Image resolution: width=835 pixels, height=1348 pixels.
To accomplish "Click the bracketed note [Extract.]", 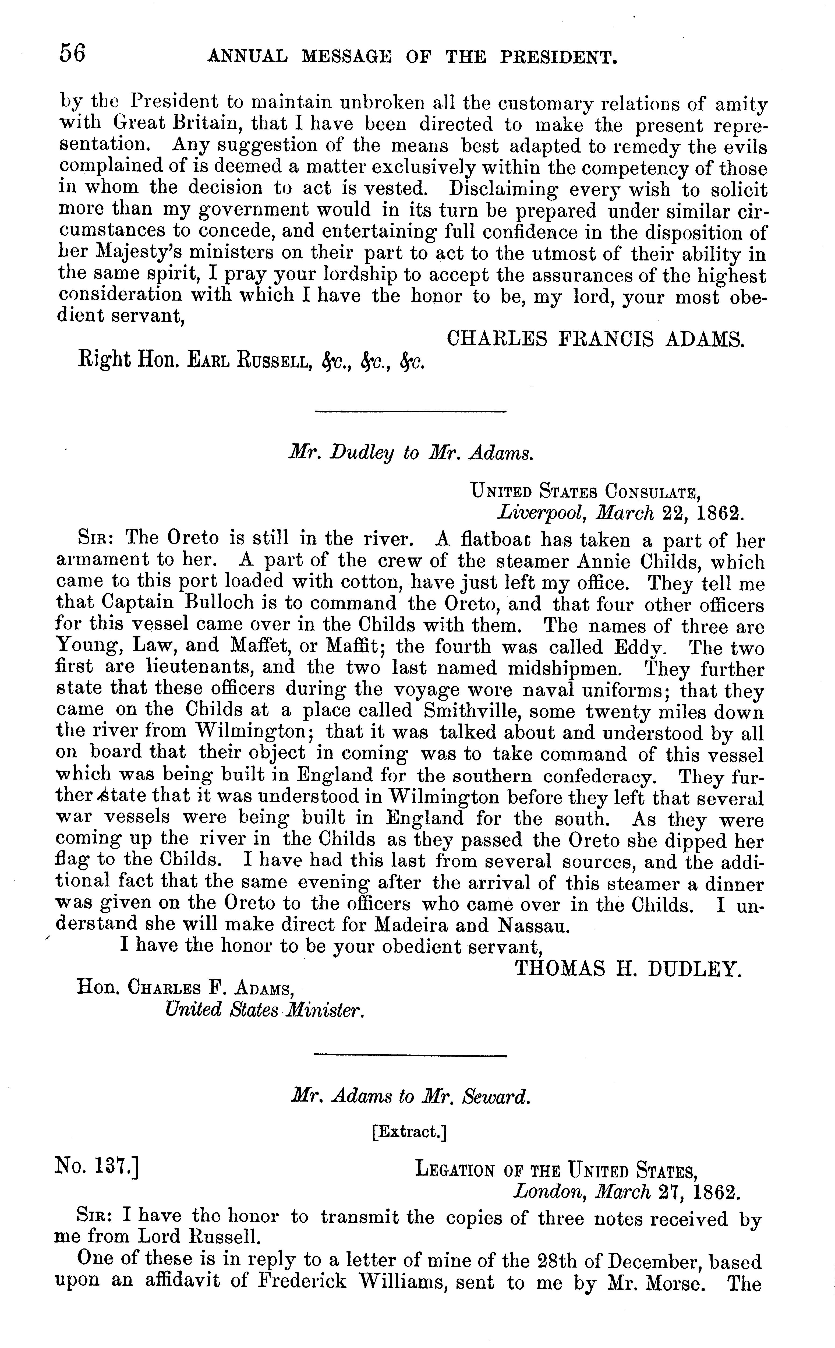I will point(409,1131).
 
